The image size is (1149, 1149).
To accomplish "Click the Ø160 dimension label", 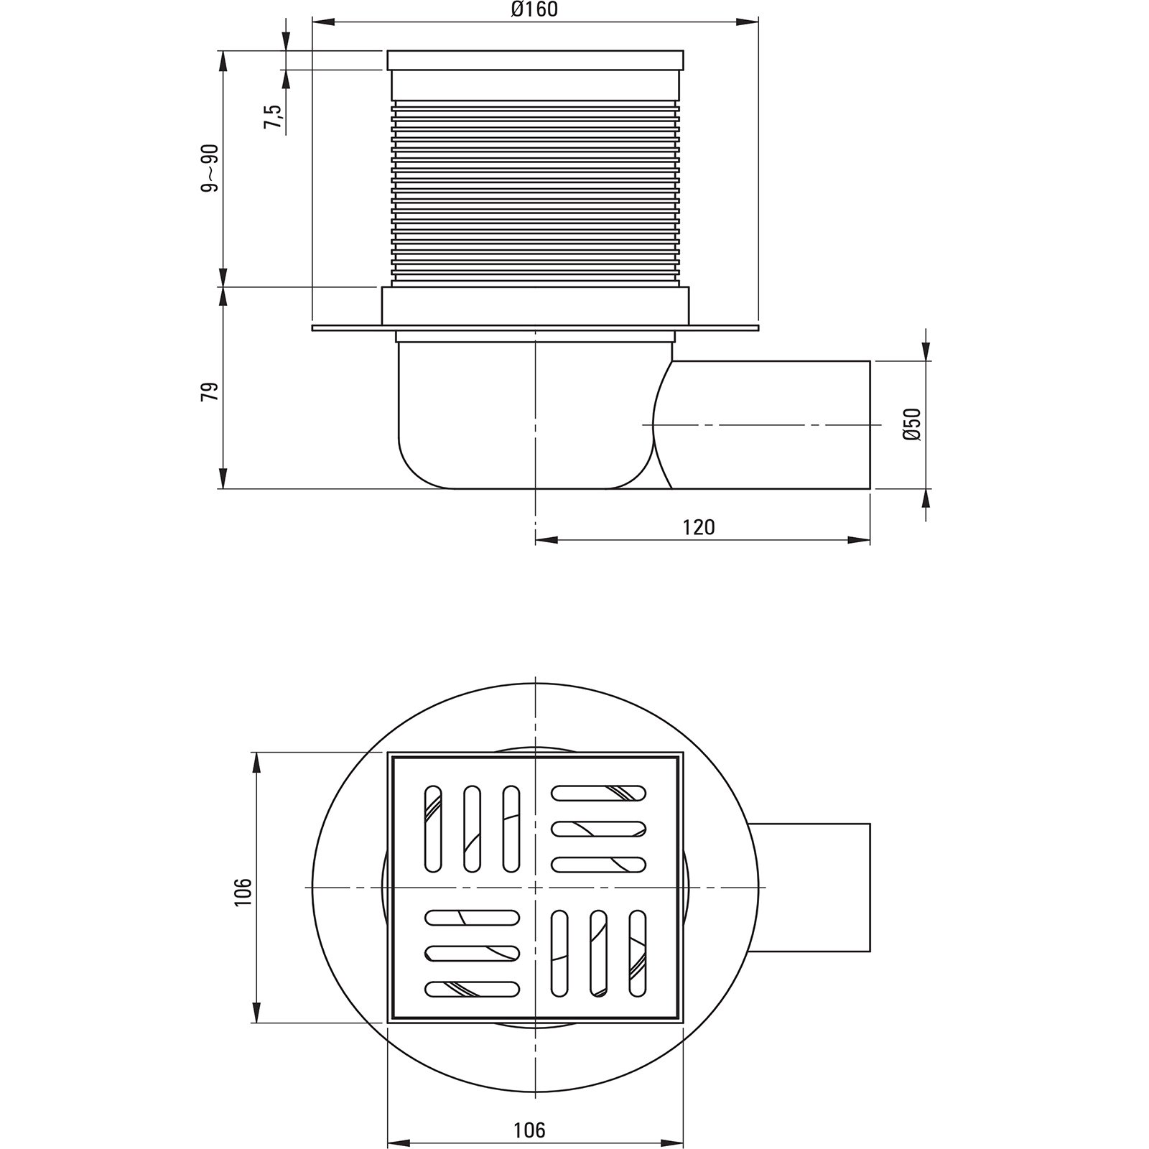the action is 534,10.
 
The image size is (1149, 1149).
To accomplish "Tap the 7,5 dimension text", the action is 273,116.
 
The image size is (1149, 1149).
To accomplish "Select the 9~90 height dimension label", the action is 210,168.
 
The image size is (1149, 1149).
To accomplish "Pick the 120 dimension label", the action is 699,527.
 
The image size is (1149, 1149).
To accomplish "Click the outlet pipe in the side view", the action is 768,424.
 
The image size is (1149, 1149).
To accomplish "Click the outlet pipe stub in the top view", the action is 810,888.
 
